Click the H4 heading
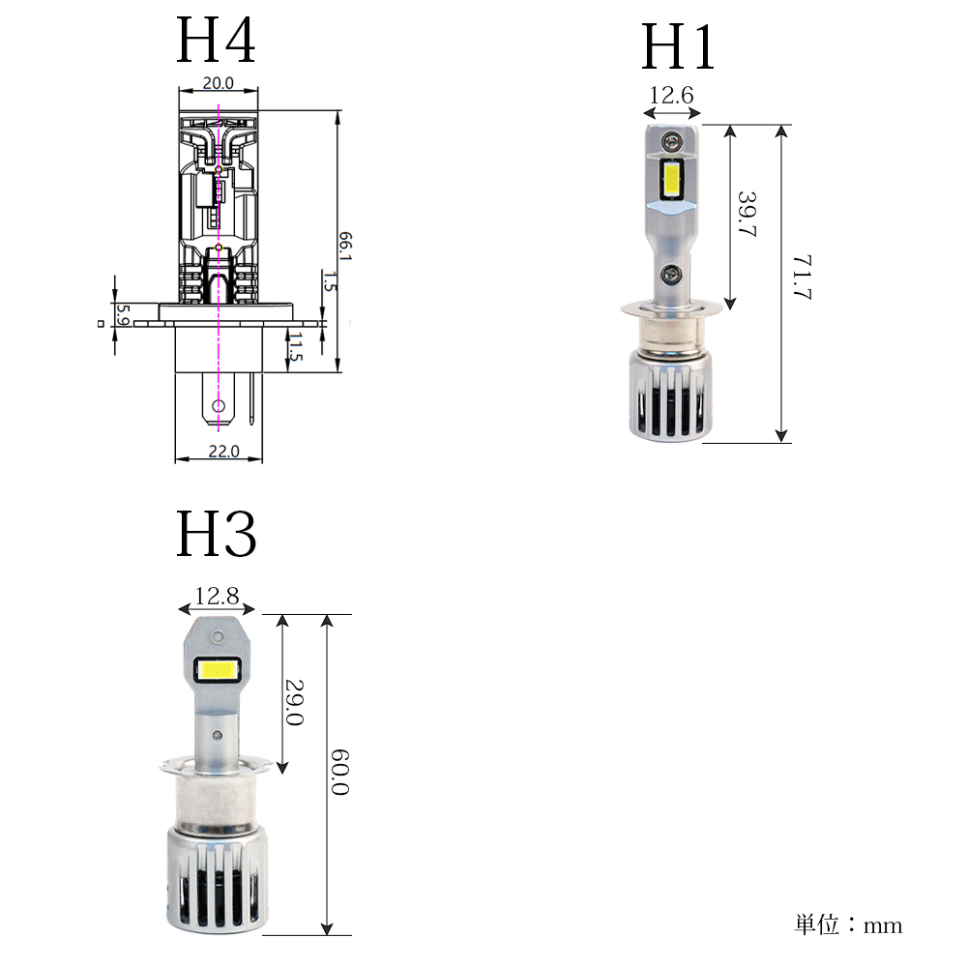click(216, 40)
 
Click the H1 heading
click(678, 46)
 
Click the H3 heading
click(216, 534)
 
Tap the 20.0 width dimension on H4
click(219, 83)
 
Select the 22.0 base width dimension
click(223, 452)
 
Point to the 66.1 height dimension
click(345, 246)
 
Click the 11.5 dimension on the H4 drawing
click(295, 347)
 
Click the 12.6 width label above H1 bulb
click(671, 96)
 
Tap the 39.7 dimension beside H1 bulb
click(747, 214)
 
